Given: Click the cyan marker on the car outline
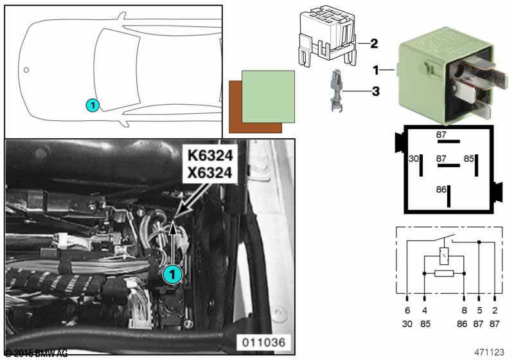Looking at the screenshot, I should tap(93, 104).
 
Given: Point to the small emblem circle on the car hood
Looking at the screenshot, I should tap(26, 69).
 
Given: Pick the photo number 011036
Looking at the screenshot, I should tap(264, 341).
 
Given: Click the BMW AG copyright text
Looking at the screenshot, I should tap(38, 353).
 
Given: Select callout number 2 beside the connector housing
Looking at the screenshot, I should tap(373, 44).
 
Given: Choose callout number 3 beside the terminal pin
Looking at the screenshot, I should tap(375, 92).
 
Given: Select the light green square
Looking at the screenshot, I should tap(268, 96).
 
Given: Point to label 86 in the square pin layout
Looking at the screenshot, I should tap(441, 190).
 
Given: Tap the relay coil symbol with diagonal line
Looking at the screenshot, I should tap(443, 256).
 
